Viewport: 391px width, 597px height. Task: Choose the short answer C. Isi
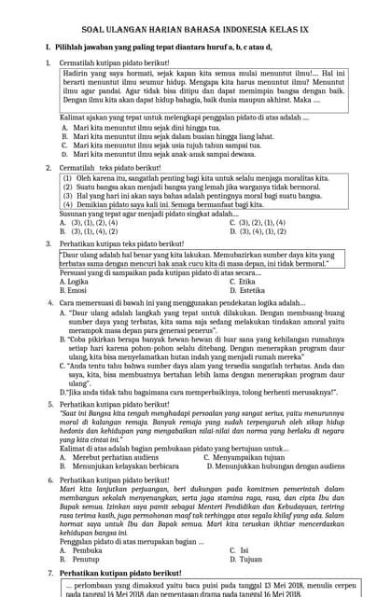coord(240,550)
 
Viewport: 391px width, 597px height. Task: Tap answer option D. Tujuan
coord(244,560)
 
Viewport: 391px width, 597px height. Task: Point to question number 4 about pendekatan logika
coord(49,303)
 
